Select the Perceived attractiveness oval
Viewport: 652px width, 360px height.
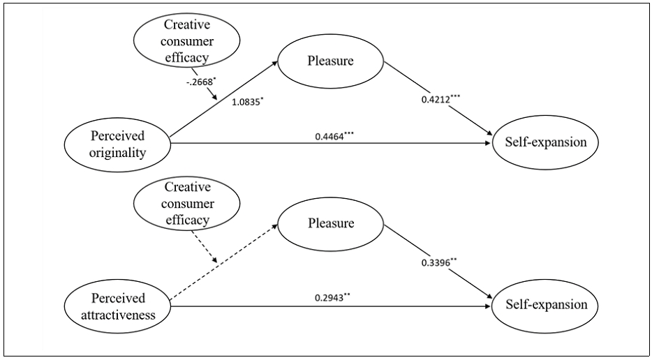(117, 306)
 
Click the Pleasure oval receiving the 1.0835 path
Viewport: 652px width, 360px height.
(330, 61)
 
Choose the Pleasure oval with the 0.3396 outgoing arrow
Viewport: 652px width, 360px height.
(330, 224)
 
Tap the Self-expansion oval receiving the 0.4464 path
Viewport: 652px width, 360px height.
(546, 144)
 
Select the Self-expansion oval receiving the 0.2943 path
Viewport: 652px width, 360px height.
(546, 306)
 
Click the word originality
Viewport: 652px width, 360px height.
(117, 153)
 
